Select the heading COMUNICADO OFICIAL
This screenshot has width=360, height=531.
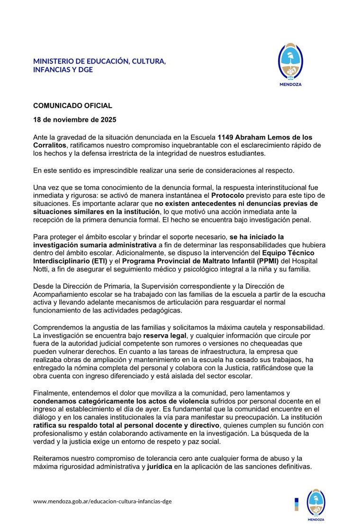72,106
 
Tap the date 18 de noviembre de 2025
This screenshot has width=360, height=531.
74,120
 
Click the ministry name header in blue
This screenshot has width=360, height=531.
99,65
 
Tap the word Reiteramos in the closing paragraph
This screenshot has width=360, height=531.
53,459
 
